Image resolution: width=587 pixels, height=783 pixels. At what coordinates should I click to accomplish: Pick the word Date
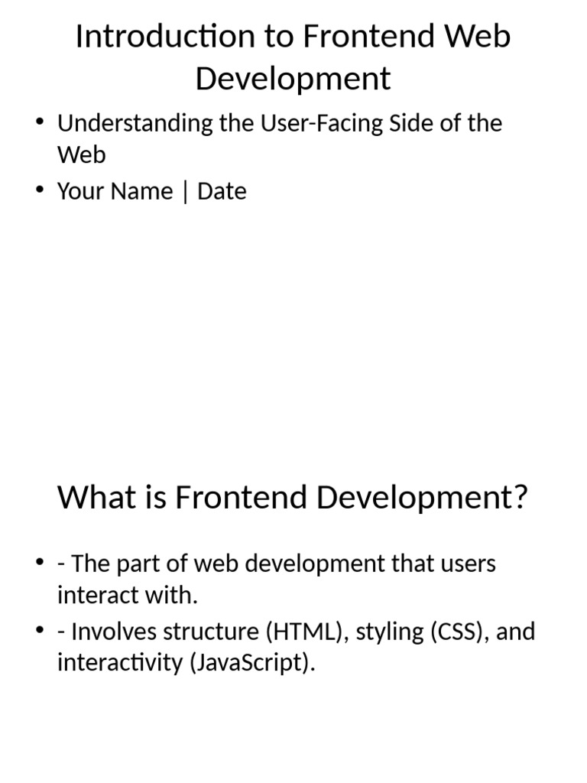click(x=222, y=191)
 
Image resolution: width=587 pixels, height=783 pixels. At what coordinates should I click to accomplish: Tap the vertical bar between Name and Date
click(x=185, y=192)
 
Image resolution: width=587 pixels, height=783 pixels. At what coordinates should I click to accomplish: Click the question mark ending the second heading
click(x=520, y=498)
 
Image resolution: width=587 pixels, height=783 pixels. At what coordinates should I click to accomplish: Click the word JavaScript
click(x=248, y=662)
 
